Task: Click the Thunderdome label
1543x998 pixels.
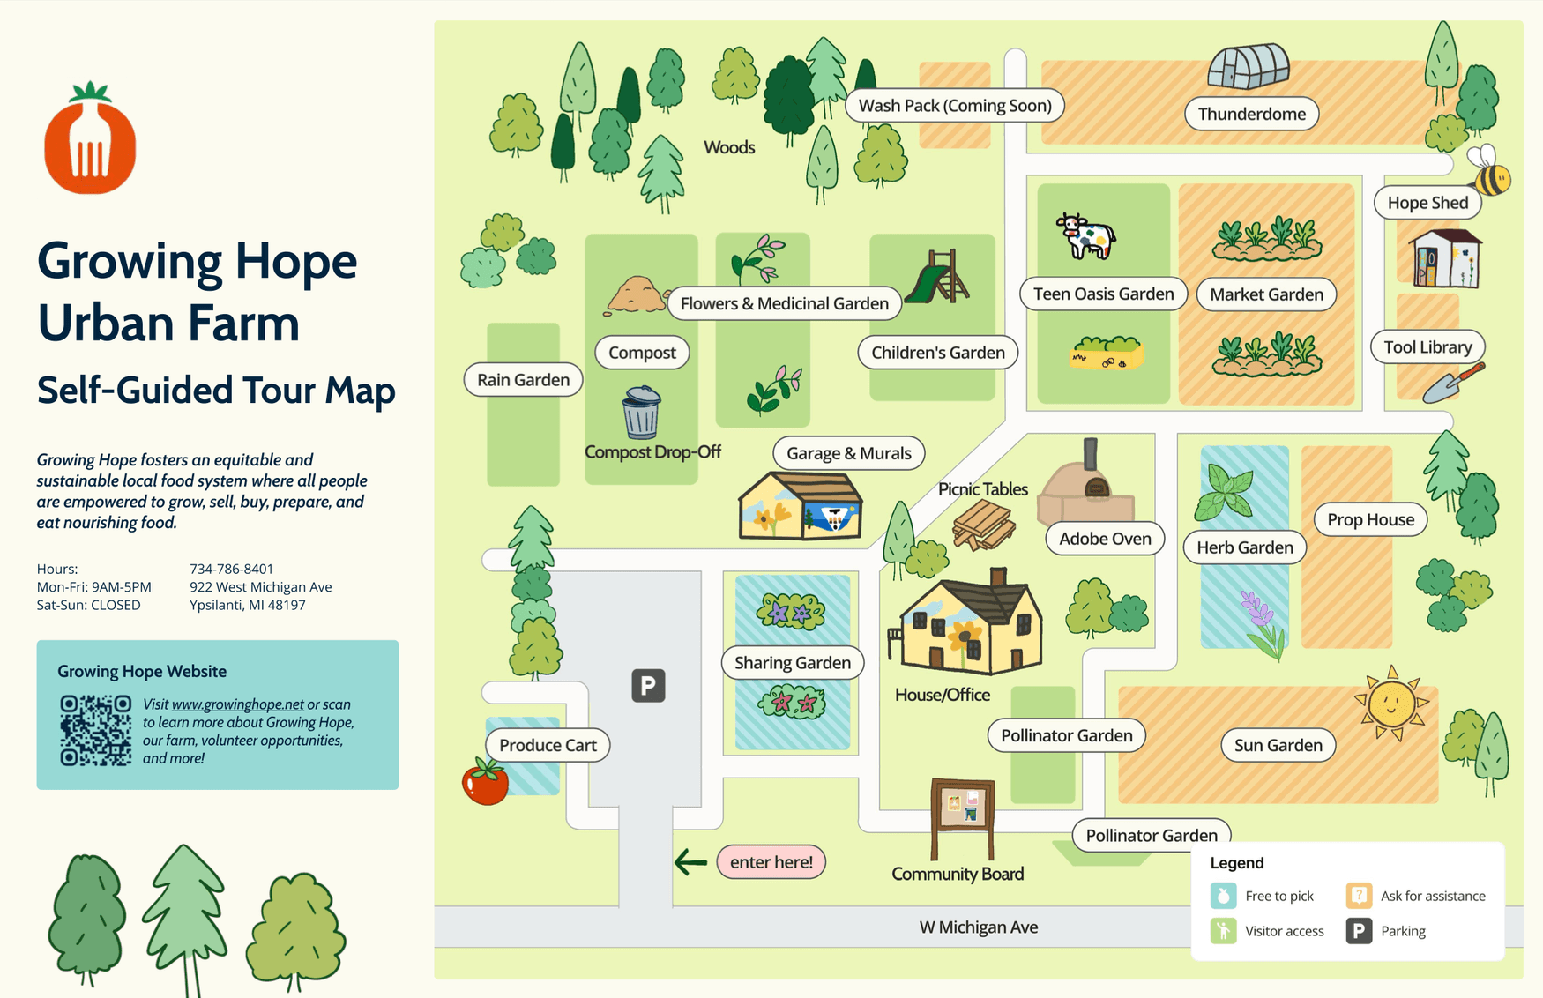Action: click(x=1251, y=114)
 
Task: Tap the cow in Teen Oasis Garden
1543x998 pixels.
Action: click(x=1086, y=236)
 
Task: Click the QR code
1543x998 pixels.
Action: click(x=95, y=730)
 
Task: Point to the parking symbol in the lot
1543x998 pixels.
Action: click(x=648, y=685)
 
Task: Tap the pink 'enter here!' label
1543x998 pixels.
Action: click(x=771, y=861)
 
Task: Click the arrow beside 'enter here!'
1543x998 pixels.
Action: click(x=690, y=861)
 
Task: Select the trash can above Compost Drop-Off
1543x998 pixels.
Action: click(x=641, y=412)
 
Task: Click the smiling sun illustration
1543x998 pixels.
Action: click(x=1391, y=704)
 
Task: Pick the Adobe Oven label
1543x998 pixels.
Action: click(x=1105, y=539)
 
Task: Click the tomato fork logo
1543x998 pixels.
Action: click(x=90, y=141)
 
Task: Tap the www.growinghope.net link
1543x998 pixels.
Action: click(x=237, y=704)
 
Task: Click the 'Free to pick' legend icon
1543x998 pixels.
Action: click(x=1223, y=896)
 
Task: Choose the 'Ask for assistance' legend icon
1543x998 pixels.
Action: click(x=1359, y=896)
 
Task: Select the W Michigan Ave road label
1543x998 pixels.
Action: click(x=978, y=927)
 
